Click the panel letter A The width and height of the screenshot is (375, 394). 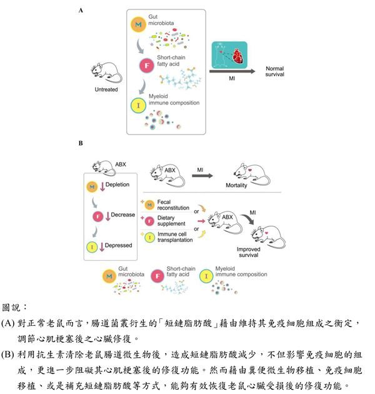pyautogui.click(x=81, y=11)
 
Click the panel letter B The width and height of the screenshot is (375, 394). pyautogui.click(x=81, y=143)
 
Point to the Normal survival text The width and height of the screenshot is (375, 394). pyautogui.click(x=276, y=72)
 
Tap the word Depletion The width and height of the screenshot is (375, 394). pyautogui.click(x=117, y=186)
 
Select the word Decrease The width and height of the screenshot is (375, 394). pyautogui.click(x=123, y=215)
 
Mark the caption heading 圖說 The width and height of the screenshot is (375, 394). pyautogui.click(x=15, y=308)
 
